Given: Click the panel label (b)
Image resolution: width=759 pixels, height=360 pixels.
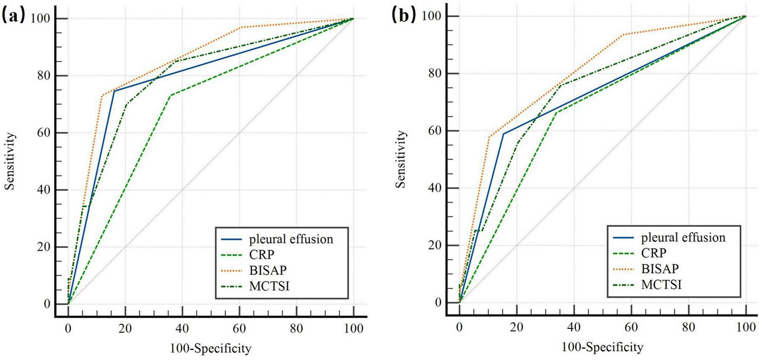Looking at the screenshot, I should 403,15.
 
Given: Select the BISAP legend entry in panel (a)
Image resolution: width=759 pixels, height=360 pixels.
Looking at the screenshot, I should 268,270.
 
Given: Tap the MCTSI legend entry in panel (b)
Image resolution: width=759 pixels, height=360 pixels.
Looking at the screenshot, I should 661,284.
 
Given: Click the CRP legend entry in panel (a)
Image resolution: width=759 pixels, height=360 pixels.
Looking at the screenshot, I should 261,255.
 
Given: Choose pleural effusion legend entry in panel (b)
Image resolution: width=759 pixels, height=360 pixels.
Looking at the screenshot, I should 683,238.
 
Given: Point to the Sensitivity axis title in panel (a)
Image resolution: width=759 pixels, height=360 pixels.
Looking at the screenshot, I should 10,161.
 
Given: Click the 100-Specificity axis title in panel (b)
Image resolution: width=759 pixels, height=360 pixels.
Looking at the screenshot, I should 602,347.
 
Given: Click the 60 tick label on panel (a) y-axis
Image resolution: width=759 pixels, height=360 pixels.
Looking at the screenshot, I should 43,133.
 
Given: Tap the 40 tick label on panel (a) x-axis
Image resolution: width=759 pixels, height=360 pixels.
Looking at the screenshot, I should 182,329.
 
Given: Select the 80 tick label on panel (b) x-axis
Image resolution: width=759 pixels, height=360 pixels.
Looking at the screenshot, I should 688,327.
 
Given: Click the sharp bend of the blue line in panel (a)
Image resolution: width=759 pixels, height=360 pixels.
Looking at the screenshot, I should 114,91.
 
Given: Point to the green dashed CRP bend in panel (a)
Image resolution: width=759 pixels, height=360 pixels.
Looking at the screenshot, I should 171,95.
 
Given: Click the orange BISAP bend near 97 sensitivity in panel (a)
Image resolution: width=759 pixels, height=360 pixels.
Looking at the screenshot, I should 241,27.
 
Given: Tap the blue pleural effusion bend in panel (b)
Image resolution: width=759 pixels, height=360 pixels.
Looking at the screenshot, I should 504,134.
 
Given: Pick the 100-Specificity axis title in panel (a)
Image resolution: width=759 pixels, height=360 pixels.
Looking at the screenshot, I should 210,348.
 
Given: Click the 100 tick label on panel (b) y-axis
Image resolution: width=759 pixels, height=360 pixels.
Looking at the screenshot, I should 431,16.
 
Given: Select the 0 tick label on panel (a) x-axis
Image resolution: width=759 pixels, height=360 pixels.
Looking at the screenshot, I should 68,329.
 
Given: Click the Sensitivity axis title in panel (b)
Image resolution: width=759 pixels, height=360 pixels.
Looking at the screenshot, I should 400,159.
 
